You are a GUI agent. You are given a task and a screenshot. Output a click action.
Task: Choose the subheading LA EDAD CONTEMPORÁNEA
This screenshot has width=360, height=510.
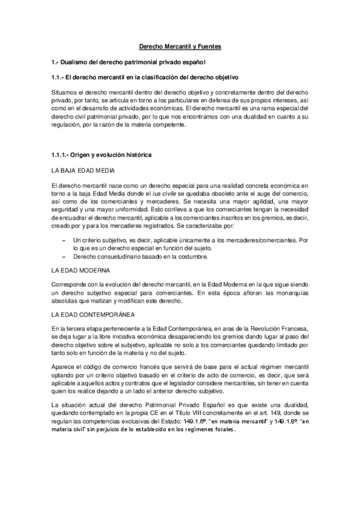[93, 314]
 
